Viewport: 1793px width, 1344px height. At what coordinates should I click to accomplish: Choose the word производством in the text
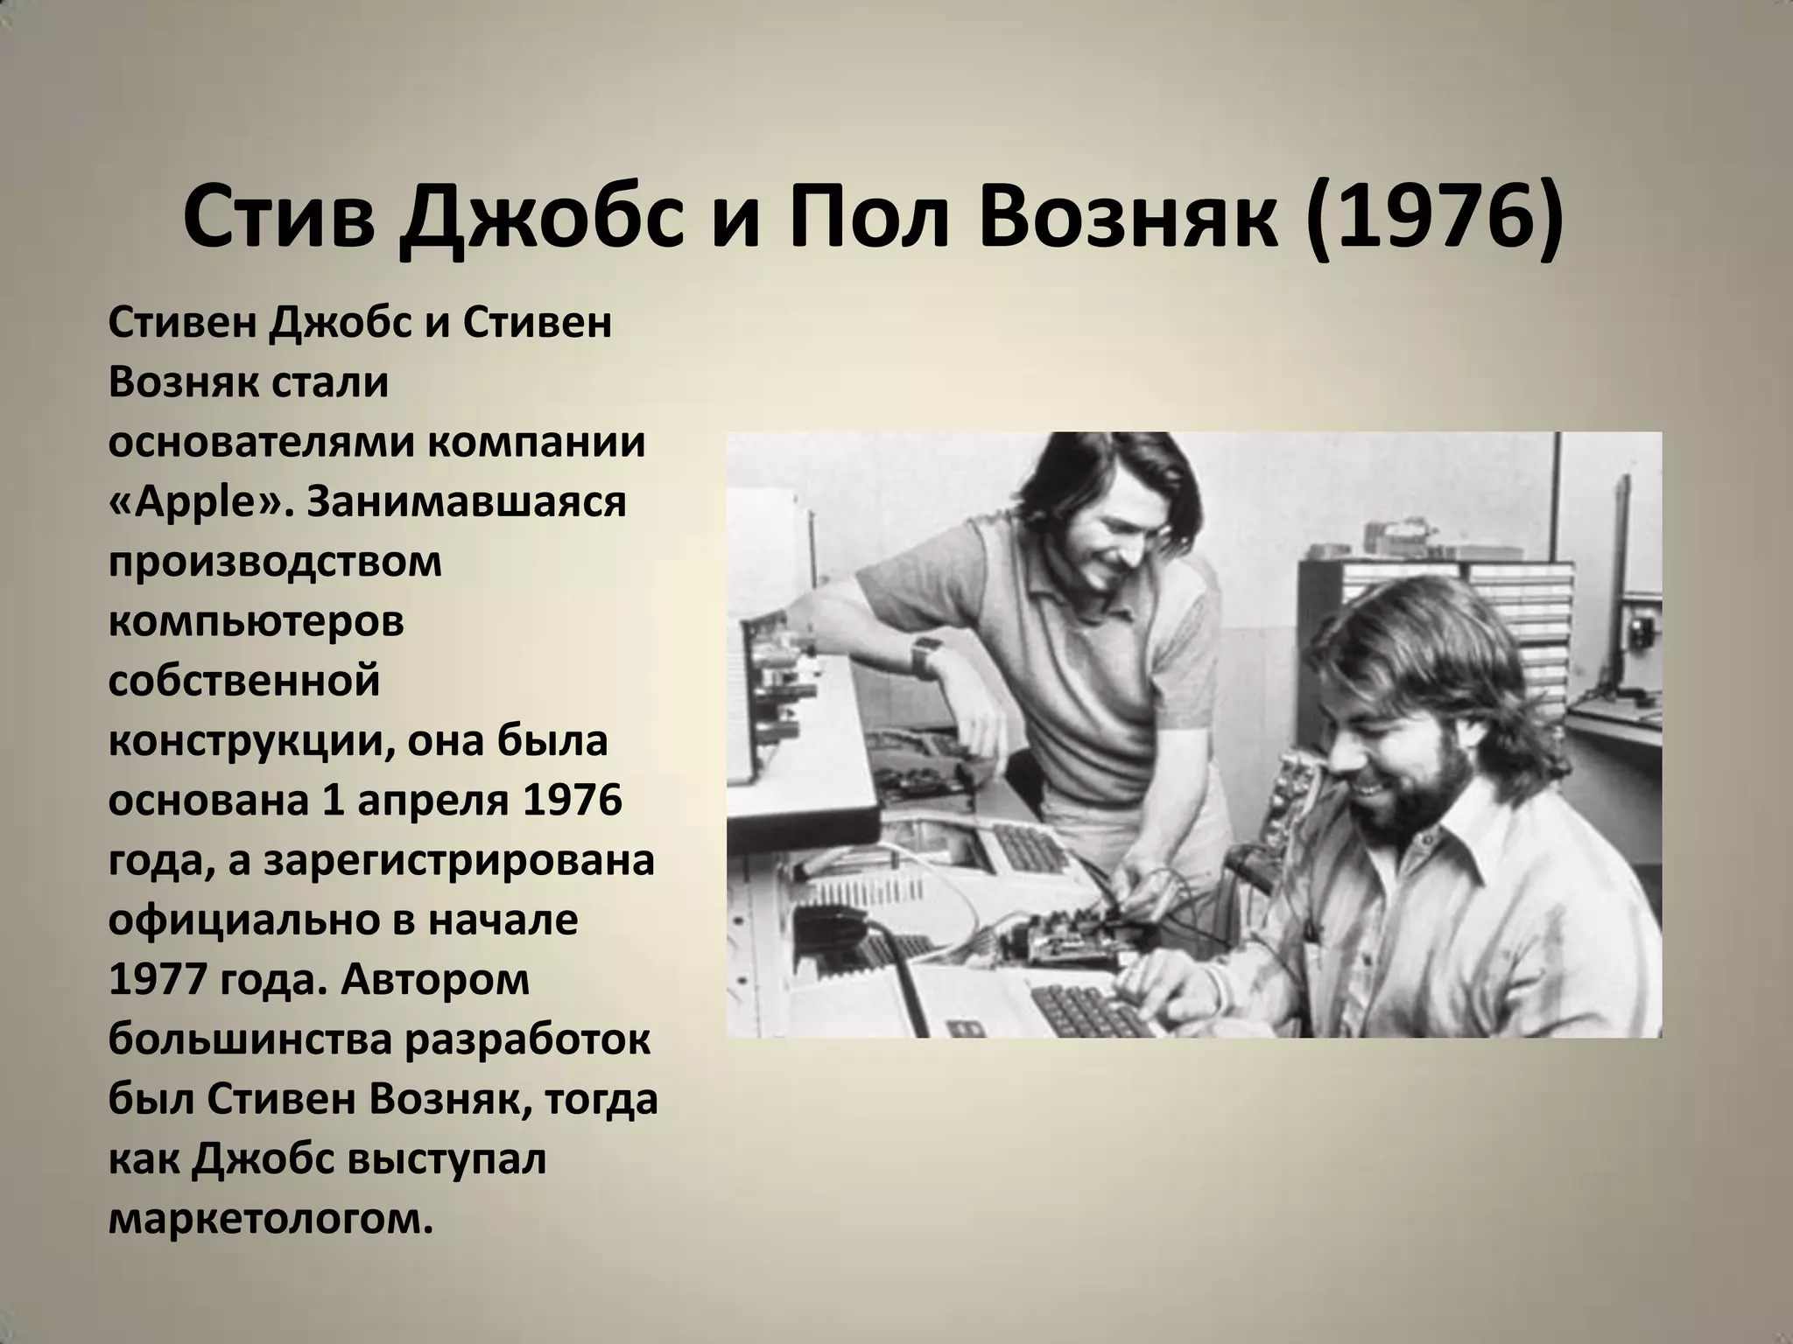[275, 563]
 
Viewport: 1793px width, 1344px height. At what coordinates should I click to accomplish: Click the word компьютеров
[256, 622]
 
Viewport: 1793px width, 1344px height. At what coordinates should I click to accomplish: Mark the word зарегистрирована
[459, 860]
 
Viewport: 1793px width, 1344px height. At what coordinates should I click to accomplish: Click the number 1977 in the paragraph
[151, 981]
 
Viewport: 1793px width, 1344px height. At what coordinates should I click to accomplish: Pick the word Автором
[434, 981]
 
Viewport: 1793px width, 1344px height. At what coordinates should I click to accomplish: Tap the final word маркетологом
[271, 1219]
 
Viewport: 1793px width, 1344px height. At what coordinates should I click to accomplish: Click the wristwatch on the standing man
[924, 655]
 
